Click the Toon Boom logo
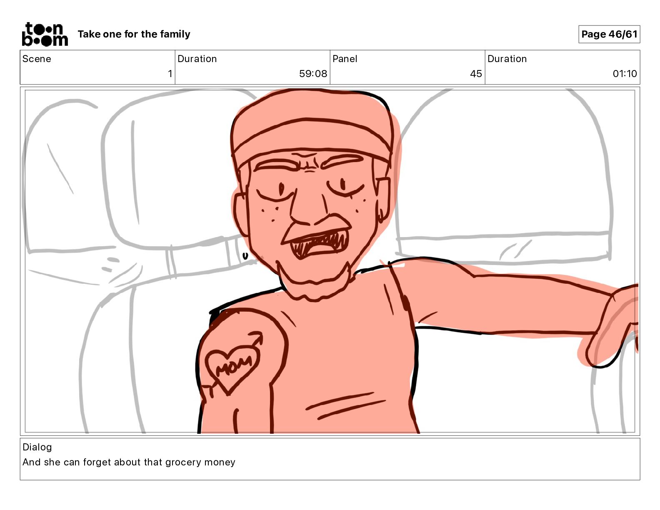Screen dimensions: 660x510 pos(45,34)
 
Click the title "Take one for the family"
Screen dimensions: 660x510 pos(134,34)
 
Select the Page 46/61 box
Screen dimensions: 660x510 pos(609,34)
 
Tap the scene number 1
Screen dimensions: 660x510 pos(170,73)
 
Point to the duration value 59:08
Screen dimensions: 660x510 pos(313,73)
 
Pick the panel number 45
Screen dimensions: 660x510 pos(476,73)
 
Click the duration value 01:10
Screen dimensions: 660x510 pos(625,73)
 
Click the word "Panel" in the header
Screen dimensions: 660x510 pos(345,59)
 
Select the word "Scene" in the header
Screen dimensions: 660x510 pos(37,59)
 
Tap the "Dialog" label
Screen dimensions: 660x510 pos(37,447)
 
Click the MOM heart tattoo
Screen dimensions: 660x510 pos(233,367)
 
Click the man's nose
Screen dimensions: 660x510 pos(307,207)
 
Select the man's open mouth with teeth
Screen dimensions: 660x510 pos(317,242)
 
